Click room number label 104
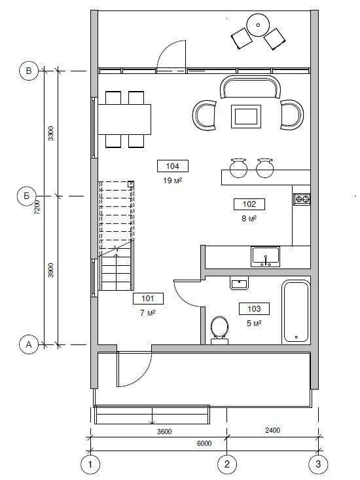tap(173, 166)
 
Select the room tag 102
tap(249, 204)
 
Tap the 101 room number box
tap(148, 299)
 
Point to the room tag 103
tap(254, 309)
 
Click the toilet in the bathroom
tap(219, 330)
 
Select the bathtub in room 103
tap(296, 311)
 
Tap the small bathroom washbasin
tap(239, 283)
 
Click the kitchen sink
tap(265, 257)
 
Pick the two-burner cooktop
tap(302, 199)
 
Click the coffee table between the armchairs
tap(246, 117)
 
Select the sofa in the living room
tap(250, 87)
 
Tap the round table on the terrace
tap(258, 25)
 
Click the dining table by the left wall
tap(124, 119)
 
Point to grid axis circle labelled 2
tap(226, 464)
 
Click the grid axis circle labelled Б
tap(27, 196)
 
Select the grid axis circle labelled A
tap(29, 344)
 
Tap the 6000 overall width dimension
tap(204, 443)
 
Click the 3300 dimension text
tap(51, 134)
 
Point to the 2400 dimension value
tap(272, 430)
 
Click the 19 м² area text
tap(173, 181)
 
